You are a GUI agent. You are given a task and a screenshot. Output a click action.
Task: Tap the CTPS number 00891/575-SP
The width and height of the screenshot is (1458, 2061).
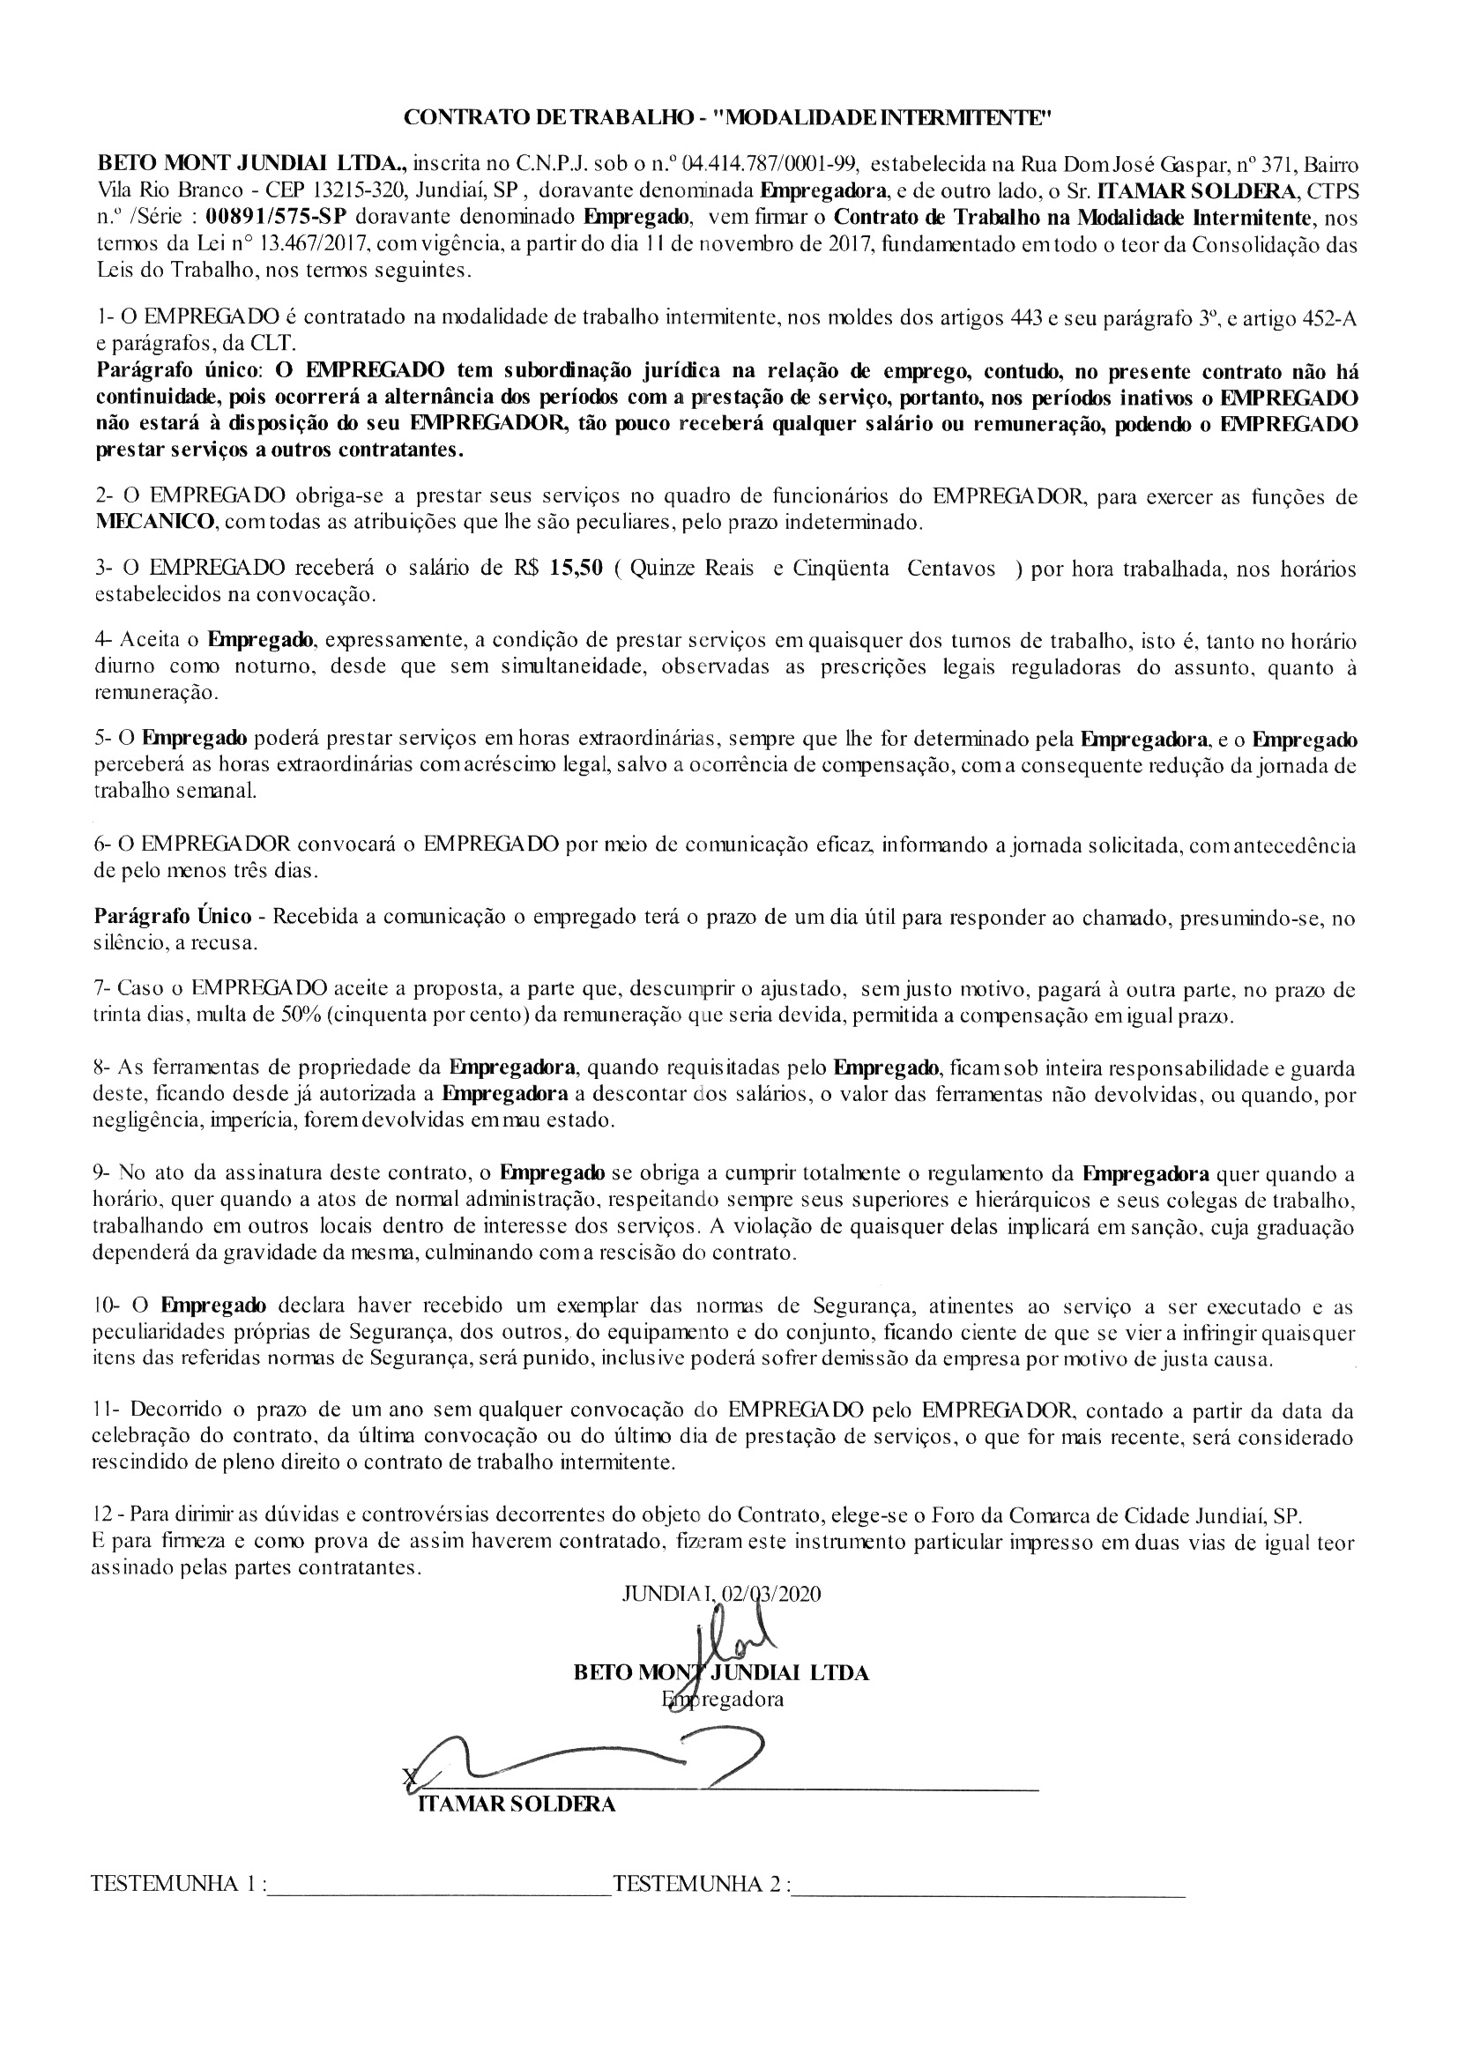278,218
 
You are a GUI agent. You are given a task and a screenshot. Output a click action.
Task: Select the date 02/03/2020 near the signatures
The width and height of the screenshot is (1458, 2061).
771,1594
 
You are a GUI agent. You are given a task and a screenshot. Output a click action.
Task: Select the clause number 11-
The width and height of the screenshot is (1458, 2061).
107,1410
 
